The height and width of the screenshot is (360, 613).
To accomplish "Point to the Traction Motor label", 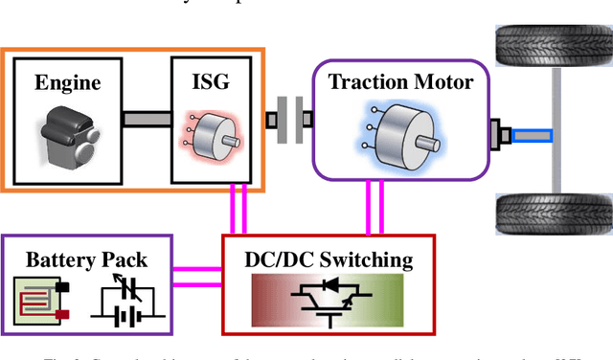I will [400, 81].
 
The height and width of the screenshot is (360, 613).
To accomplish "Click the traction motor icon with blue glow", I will [400, 135].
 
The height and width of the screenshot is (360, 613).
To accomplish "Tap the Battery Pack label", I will [85, 259].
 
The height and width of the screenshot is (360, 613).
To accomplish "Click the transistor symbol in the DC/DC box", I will [329, 302].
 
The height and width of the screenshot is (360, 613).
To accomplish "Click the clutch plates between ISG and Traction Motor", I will [289, 120].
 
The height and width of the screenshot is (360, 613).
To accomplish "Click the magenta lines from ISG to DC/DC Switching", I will [238, 209].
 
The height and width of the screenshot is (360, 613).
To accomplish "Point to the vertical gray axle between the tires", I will [553, 139].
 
